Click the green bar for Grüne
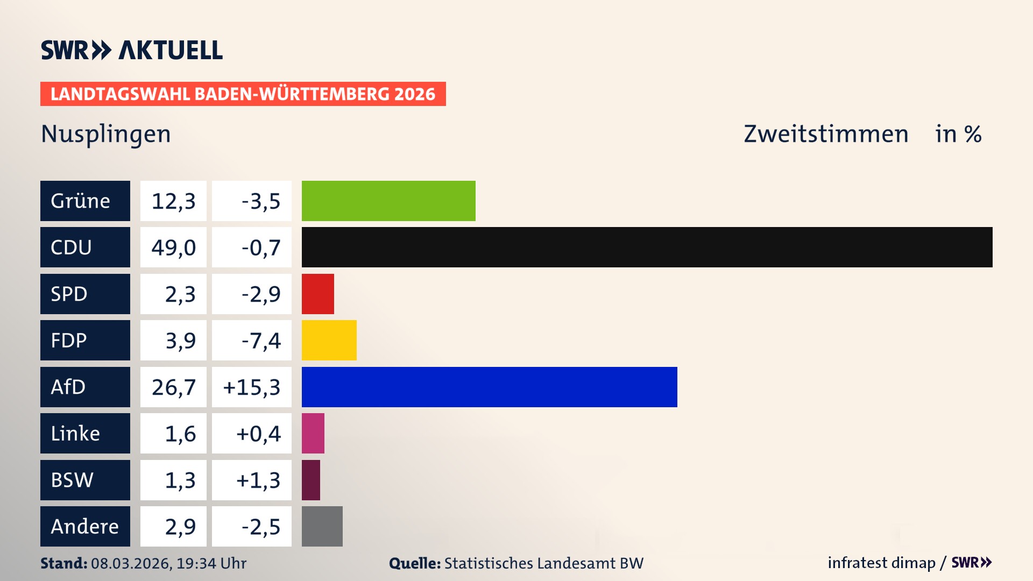click(x=388, y=201)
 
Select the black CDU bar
click(x=647, y=247)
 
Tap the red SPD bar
click(x=317, y=294)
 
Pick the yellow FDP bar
click(x=329, y=340)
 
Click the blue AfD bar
click(x=489, y=387)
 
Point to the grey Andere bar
click(x=322, y=526)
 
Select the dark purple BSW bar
click(x=310, y=480)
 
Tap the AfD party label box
click(x=85, y=387)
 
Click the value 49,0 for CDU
click(x=173, y=247)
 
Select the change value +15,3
click(x=252, y=387)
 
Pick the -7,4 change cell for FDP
click(x=261, y=341)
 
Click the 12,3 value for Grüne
click(x=173, y=201)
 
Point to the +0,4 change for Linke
click(x=258, y=434)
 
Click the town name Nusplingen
click(x=105, y=134)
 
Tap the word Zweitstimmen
click(x=826, y=134)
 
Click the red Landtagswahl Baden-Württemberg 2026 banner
click(x=243, y=94)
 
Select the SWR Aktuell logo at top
click(x=132, y=50)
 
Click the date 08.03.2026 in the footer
click(x=131, y=563)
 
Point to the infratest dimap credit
click(x=881, y=563)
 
